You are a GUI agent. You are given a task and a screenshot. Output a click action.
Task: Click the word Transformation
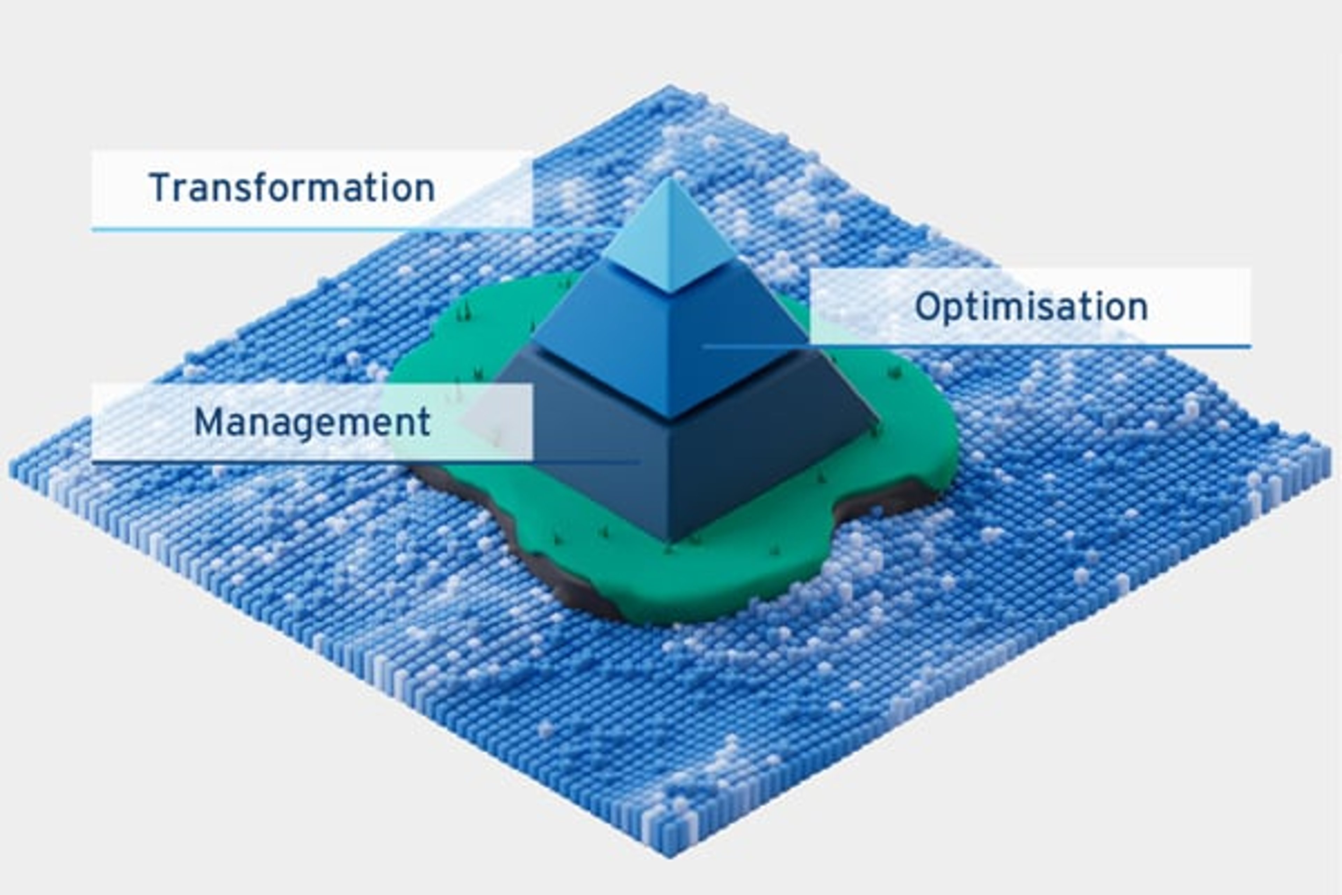pyautogui.click(x=292, y=188)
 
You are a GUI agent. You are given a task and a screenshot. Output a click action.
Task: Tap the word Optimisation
pyautogui.click(x=1031, y=307)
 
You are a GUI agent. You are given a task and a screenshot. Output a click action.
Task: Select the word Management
pyautogui.click(x=312, y=422)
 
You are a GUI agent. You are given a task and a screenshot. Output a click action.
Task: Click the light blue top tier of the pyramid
pyautogui.click(x=670, y=240)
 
